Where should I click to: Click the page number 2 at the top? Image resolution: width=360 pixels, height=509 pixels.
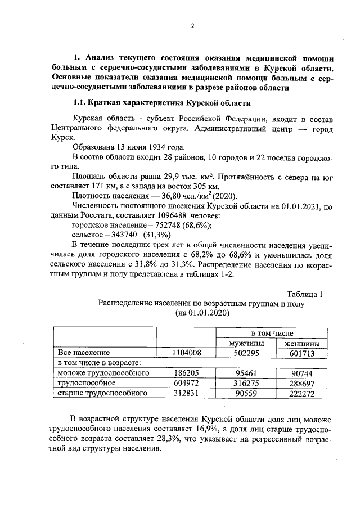coord(192,26)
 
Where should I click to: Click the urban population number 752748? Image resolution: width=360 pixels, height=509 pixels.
coord(165,225)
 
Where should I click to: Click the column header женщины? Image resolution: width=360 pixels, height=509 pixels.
coord(302,343)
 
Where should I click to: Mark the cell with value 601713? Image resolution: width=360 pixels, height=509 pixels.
coord(302,353)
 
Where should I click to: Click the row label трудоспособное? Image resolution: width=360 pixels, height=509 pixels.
coord(83,383)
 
